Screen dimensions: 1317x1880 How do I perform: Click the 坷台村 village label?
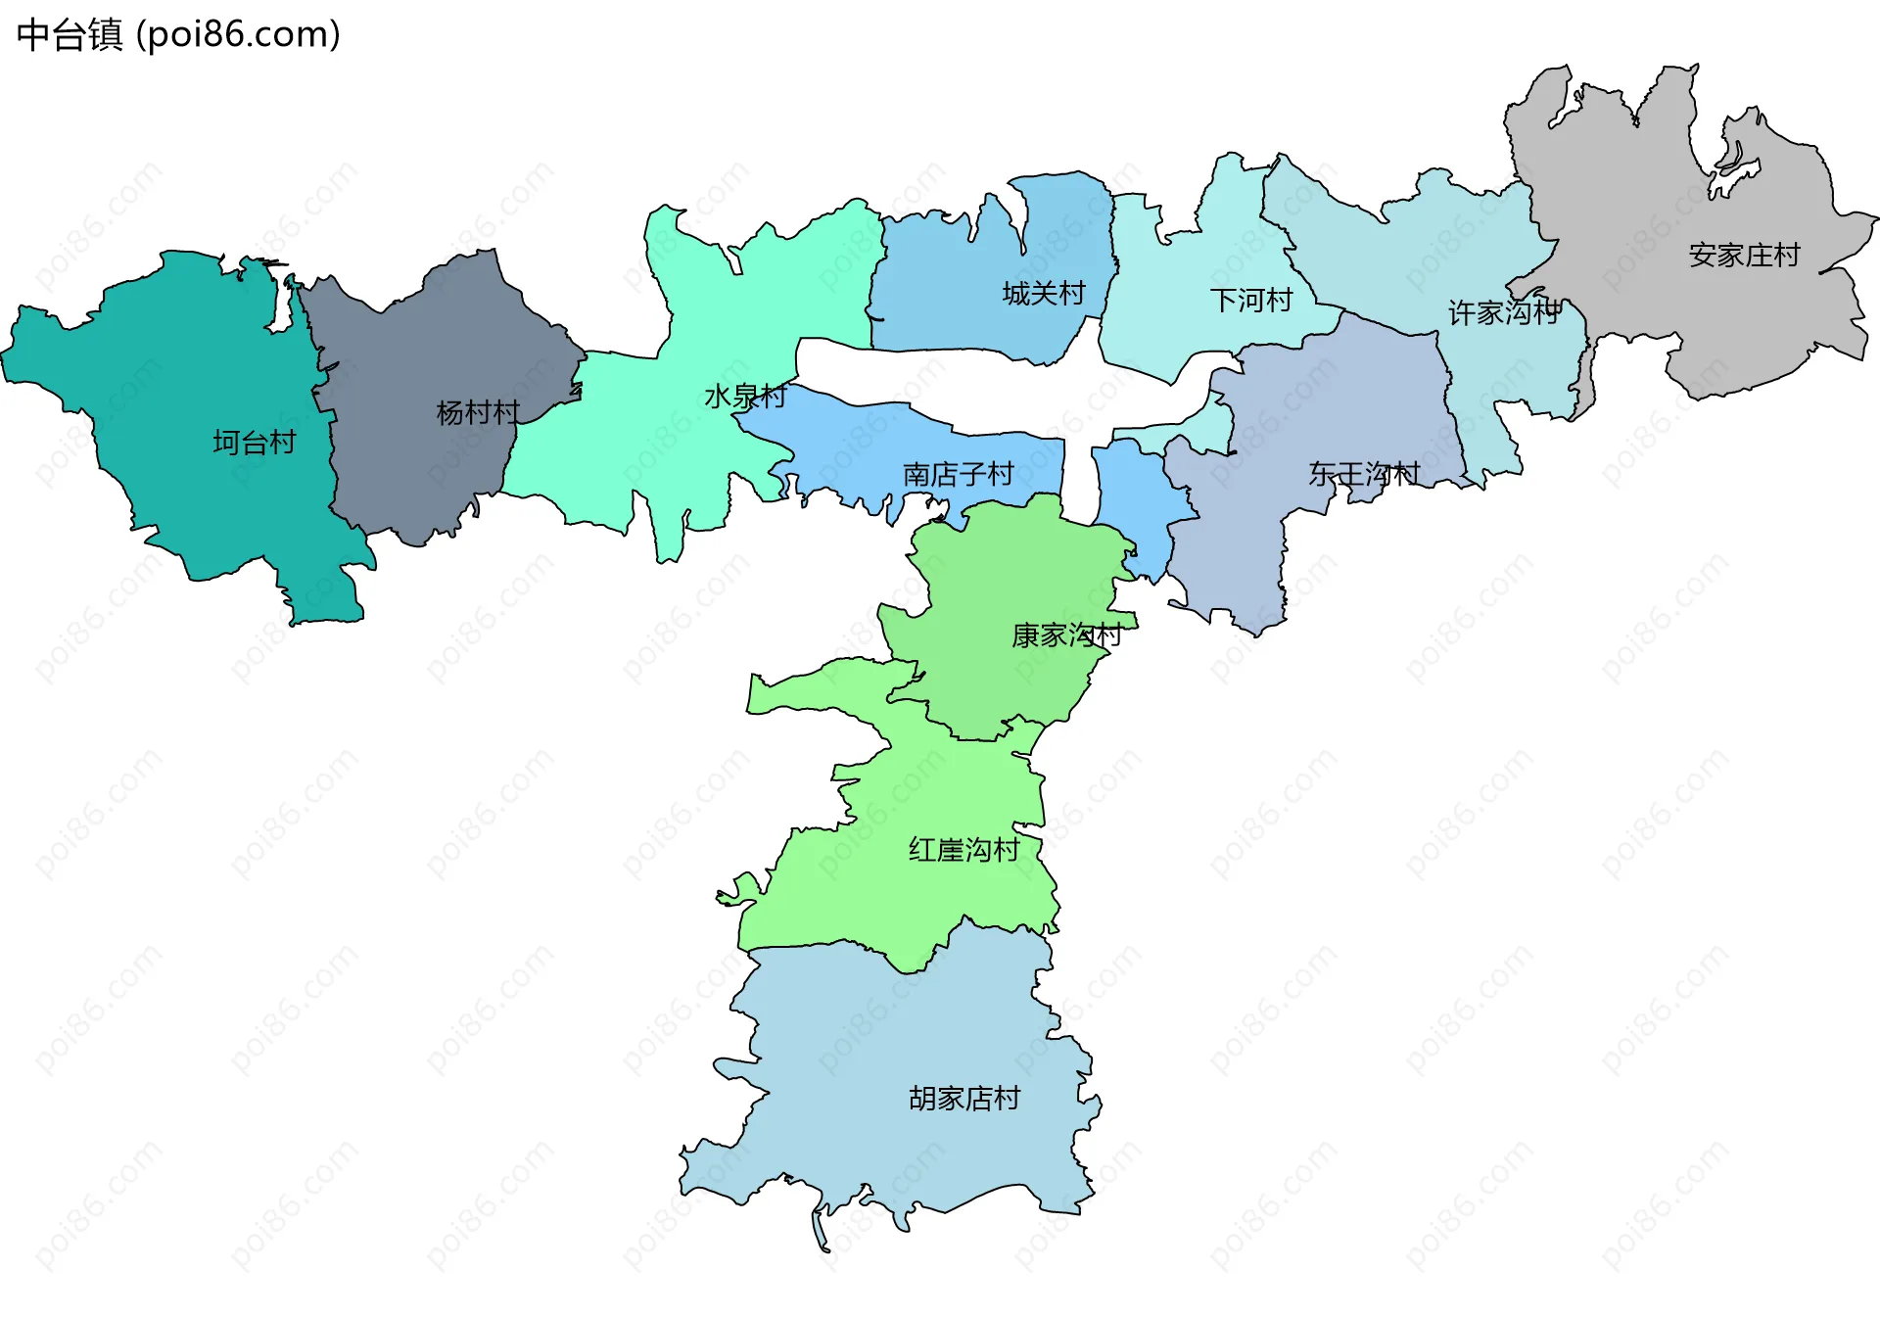[x=255, y=443]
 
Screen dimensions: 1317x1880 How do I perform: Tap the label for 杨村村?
[x=478, y=412]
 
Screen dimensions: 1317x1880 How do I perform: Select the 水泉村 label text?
[x=745, y=397]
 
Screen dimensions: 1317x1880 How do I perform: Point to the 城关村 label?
[x=1044, y=293]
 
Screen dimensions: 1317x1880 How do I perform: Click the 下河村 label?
[x=1251, y=300]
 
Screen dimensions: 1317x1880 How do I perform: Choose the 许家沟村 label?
[x=1504, y=312]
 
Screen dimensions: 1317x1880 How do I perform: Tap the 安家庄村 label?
[x=1744, y=256]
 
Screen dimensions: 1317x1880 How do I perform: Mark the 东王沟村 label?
[x=1364, y=474]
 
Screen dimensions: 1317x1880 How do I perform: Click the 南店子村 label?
[x=958, y=475]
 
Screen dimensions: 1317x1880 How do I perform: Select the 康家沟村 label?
[x=1066, y=635]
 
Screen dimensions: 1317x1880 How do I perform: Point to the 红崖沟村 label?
[x=963, y=849]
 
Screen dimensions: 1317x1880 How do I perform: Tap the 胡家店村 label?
[x=963, y=1099]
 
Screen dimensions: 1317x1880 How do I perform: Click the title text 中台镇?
[x=70, y=35]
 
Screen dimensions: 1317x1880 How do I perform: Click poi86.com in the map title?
[x=239, y=35]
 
